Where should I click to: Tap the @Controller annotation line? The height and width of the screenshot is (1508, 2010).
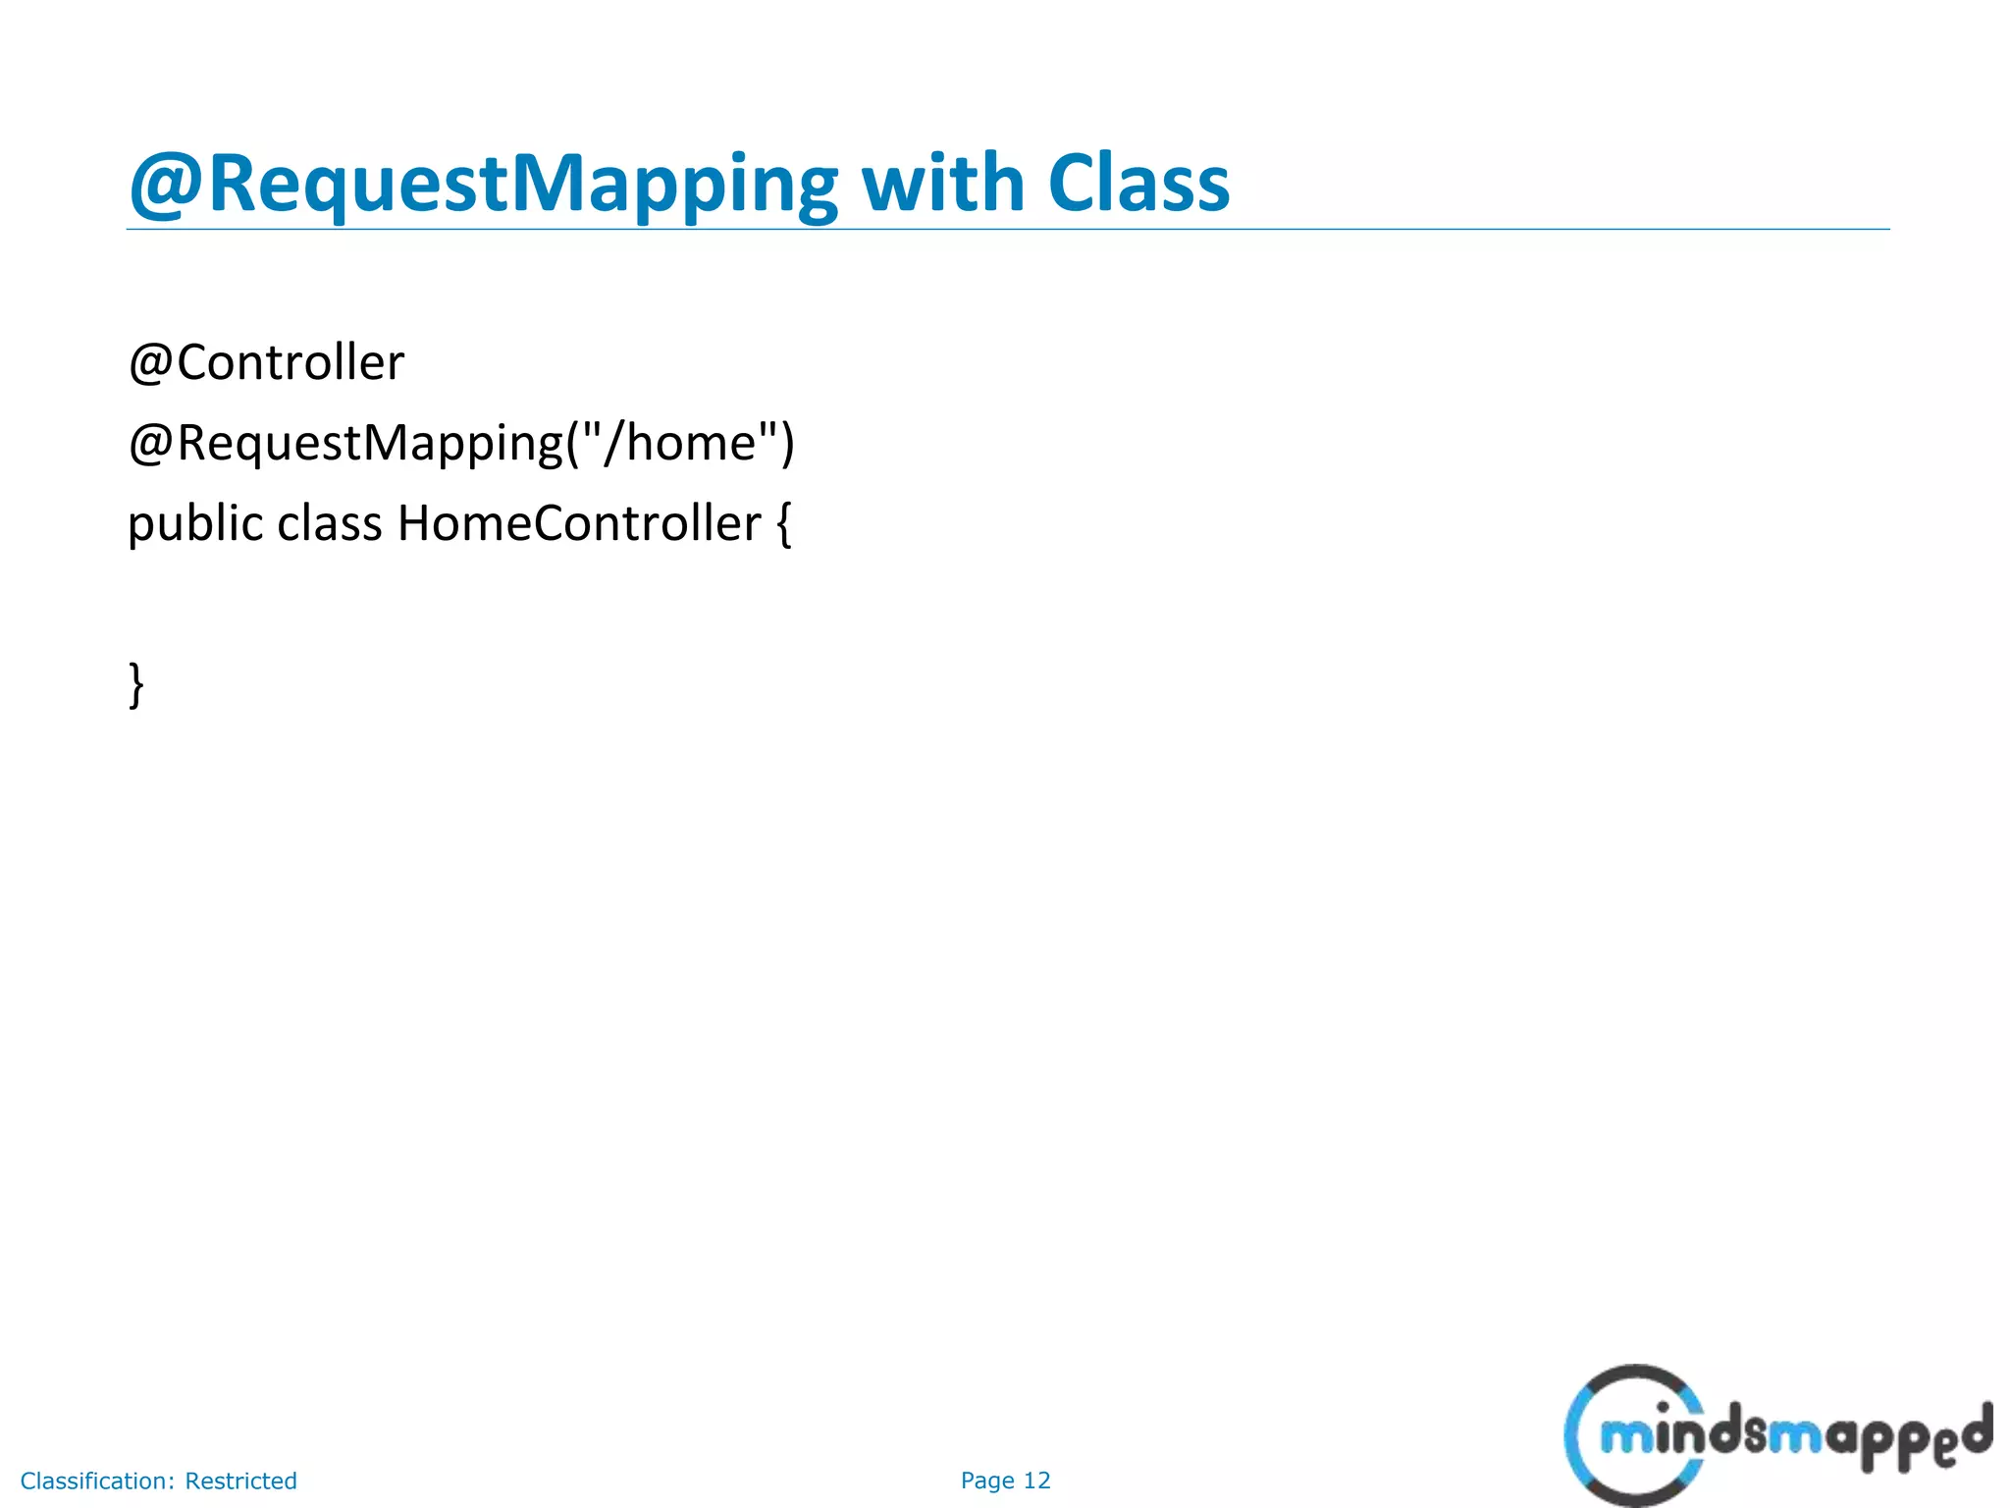pos(266,363)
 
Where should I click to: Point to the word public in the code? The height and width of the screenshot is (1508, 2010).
pos(195,523)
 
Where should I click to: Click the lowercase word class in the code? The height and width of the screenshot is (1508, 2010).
pos(329,523)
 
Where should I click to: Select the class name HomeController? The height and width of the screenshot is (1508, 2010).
pos(578,523)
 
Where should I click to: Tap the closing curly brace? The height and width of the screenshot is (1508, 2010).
pos(136,685)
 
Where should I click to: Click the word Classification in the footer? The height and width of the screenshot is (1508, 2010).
pos(97,1481)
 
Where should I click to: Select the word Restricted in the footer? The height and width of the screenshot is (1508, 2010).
pos(240,1481)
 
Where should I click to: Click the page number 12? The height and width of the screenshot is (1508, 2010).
pos(1037,1481)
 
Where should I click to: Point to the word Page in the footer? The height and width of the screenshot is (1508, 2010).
pos(987,1481)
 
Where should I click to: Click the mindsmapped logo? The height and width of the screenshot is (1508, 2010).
pos(1776,1435)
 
